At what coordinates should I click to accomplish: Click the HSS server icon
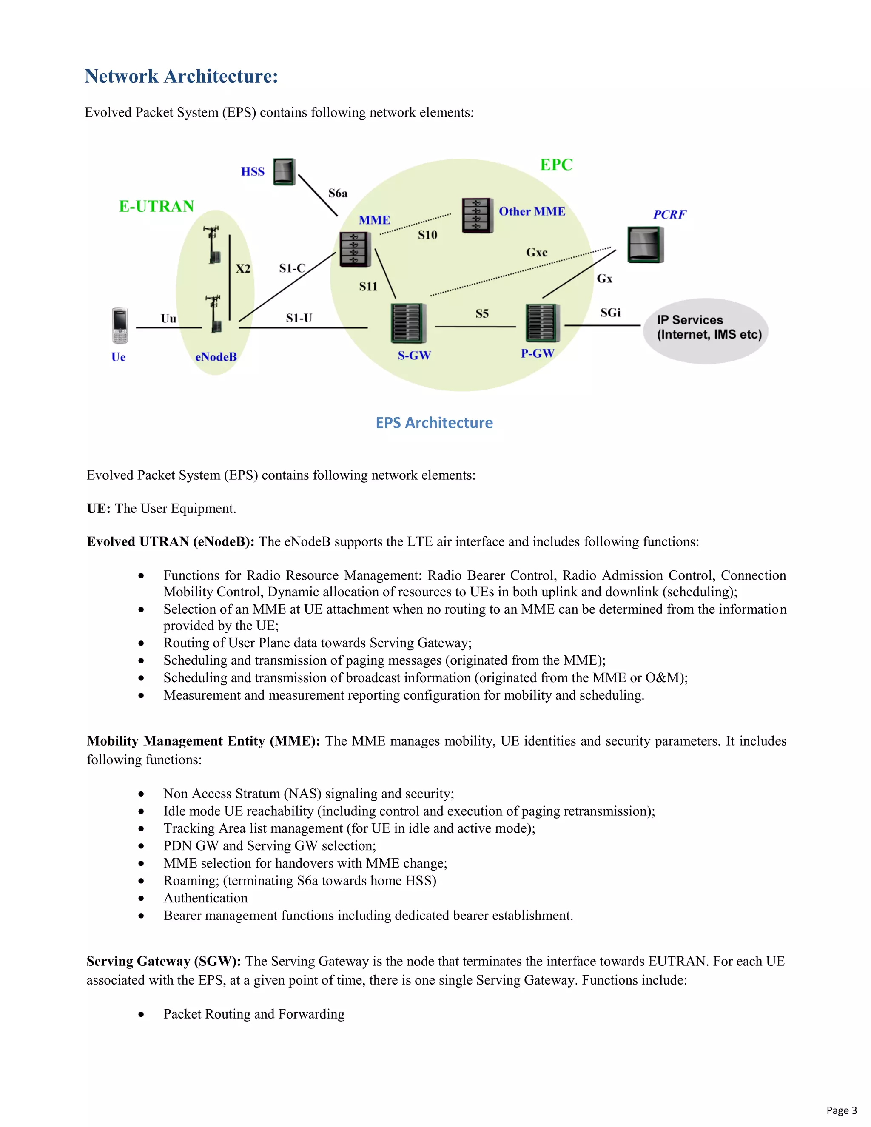pyautogui.click(x=284, y=172)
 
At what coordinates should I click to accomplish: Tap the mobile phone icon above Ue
pyautogui.click(x=120, y=326)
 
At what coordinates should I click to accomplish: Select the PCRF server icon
pyautogui.click(x=645, y=245)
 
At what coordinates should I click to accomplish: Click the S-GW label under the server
pyautogui.click(x=414, y=355)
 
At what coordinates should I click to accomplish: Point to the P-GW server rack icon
pyautogui.click(x=542, y=323)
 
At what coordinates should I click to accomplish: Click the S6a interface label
pyautogui.click(x=338, y=194)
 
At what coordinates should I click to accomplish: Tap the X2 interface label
pyautogui.click(x=243, y=269)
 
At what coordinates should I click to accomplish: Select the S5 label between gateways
pyautogui.click(x=482, y=314)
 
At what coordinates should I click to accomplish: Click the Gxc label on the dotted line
pyautogui.click(x=537, y=252)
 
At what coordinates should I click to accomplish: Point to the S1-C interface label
pyautogui.click(x=292, y=268)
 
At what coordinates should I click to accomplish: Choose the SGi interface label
pyautogui.click(x=610, y=313)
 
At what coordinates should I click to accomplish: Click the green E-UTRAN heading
pyautogui.click(x=157, y=206)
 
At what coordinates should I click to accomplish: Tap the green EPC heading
pyautogui.click(x=556, y=165)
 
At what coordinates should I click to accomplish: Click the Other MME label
pyautogui.click(x=532, y=211)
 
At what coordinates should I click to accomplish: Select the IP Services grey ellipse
pyautogui.click(x=706, y=330)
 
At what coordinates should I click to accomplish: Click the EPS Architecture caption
pyautogui.click(x=434, y=423)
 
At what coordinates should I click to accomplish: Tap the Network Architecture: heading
pyautogui.click(x=182, y=77)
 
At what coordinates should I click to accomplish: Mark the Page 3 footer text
pyautogui.click(x=841, y=1110)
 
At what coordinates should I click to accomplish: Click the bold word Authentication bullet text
pyautogui.click(x=205, y=898)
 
